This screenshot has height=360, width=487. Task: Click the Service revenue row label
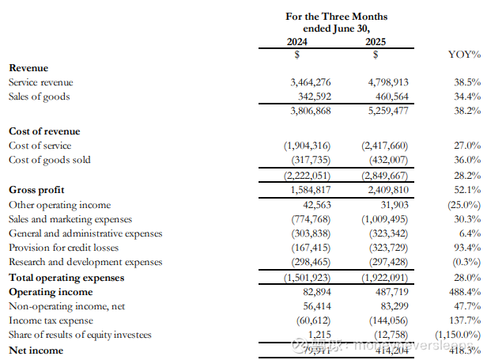[40, 82]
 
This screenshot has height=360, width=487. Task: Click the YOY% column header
[464, 55]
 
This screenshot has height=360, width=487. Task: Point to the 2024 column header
[296, 41]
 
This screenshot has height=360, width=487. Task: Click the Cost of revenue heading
[44, 131]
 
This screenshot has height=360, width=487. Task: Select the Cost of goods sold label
[49, 160]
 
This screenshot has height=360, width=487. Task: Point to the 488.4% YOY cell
[465, 291]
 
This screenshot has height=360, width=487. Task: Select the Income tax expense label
[51, 320]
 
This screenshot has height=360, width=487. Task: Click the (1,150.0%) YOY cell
[457, 335]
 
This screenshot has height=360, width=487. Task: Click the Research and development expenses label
[85, 262]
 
